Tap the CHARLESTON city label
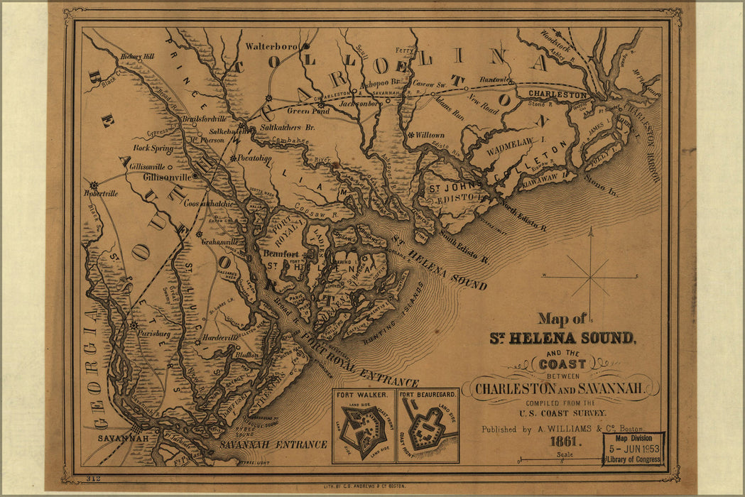pyautogui.click(x=558, y=94)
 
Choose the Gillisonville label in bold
pyautogui.click(x=167, y=177)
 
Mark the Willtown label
pyautogui.click(x=430, y=135)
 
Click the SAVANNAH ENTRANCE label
pyautogui.click(x=273, y=444)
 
